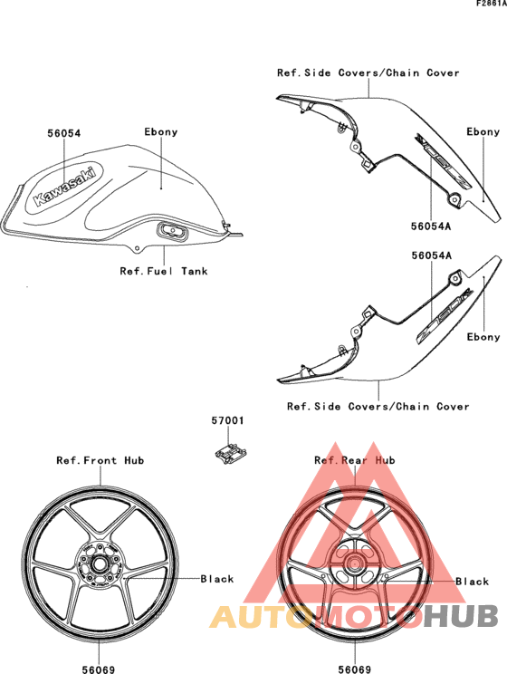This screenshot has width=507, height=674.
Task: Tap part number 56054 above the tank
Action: click(x=64, y=133)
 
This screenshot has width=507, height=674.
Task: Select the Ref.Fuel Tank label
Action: click(x=164, y=271)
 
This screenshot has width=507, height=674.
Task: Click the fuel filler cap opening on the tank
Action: click(x=173, y=232)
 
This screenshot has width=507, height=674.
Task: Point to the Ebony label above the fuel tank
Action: click(x=161, y=131)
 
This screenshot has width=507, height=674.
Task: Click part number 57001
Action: click(x=228, y=420)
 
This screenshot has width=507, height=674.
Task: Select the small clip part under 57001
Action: click(x=230, y=454)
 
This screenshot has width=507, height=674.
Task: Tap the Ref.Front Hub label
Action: click(x=100, y=460)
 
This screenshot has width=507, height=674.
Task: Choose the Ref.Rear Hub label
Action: click(x=355, y=460)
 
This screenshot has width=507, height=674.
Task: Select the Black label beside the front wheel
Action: click(x=217, y=579)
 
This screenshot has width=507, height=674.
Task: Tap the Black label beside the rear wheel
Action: click(x=473, y=582)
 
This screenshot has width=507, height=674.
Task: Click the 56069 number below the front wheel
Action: click(x=99, y=669)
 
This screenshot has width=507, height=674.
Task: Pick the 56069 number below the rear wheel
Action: click(x=355, y=669)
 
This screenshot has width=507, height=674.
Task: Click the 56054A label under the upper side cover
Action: click(x=431, y=226)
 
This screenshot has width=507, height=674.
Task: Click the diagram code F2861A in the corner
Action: click(x=492, y=4)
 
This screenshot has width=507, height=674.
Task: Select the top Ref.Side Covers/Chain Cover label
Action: click(x=368, y=72)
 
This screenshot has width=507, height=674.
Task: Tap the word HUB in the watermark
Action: click(x=461, y=616)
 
